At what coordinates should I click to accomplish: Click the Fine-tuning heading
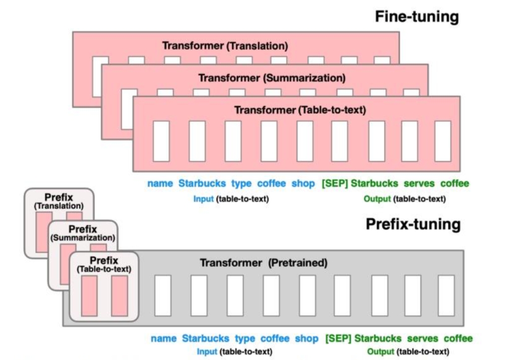coord(417,17)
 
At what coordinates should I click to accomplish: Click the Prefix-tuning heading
coord(413,225)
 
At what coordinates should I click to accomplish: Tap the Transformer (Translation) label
coord(225,46)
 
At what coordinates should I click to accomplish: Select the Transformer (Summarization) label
coord(272,78)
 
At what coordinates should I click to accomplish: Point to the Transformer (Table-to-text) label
coord(300,110)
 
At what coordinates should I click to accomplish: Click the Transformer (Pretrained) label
coord(264,263)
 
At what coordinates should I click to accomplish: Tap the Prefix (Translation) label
coord(59,202)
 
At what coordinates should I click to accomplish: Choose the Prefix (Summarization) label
coord(83,233)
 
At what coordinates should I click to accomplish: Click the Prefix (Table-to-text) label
coord(104,265)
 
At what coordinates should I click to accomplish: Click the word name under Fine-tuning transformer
coord(160,183)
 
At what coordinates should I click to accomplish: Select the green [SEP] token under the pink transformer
coord(335,183)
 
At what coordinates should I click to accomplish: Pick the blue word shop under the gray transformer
coord(307,338)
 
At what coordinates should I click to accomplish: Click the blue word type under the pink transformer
coord(241,184)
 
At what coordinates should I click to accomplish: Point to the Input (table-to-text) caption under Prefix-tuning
coord(234,351)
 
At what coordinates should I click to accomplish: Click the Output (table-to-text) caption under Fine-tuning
coord(405,199)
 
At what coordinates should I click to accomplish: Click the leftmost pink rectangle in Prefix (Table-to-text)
coord(90,296)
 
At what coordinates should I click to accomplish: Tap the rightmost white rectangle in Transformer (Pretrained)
coord(446,295)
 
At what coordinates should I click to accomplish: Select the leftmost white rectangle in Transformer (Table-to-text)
coord(161,141)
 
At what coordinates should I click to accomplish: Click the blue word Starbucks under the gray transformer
coord(205,338)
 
